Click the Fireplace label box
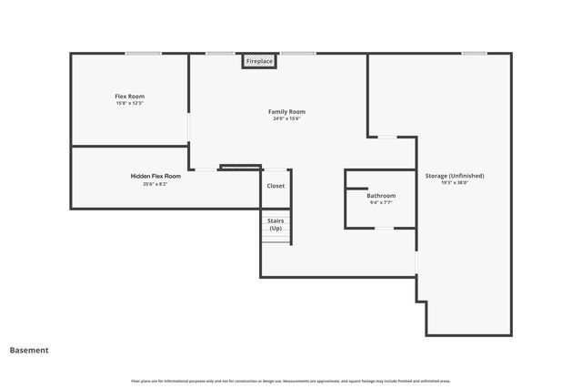click(259, 61)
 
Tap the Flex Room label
click(129, 96)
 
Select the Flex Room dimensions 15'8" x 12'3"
click(129, 103)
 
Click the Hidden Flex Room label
click(156, 176)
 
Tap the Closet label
click(276, 186)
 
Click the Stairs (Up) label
click(275, 223)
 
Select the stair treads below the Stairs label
click(276, 238)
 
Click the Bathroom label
click(381, 195)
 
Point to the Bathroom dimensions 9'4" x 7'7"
click(381, 202)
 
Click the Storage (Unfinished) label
click(455, 175)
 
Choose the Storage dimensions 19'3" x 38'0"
click(455, 182)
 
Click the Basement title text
click(29, 350)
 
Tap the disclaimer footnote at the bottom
click(290, 381)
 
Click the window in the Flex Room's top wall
click(144, 53)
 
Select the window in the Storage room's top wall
click(473, 53)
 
